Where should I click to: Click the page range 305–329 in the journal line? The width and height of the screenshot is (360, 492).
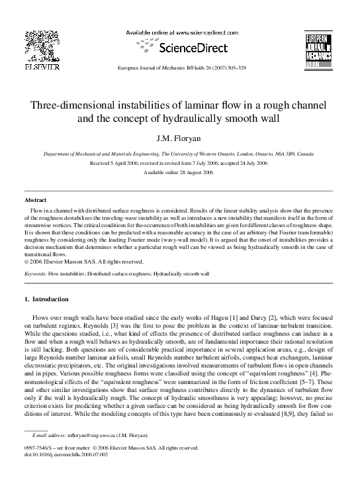[232, 68]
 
